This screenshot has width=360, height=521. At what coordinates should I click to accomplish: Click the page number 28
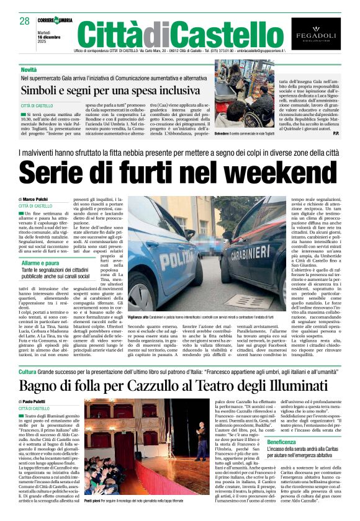click(x=24, y=21)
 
